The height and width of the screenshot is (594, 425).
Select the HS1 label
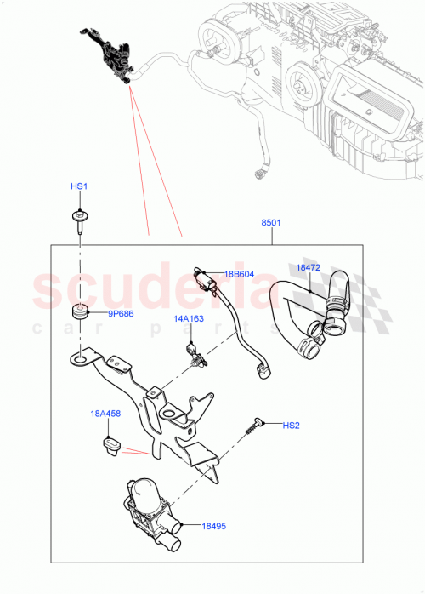(78, 186)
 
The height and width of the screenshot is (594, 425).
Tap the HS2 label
(292, 424)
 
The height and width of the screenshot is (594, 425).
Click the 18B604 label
(240, 274)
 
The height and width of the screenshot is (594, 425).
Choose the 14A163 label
(190, 319)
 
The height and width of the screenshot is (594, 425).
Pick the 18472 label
(307, 267)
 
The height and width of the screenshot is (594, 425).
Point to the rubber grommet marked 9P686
(82, 312)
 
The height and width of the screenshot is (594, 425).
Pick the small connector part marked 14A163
(195, 354)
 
